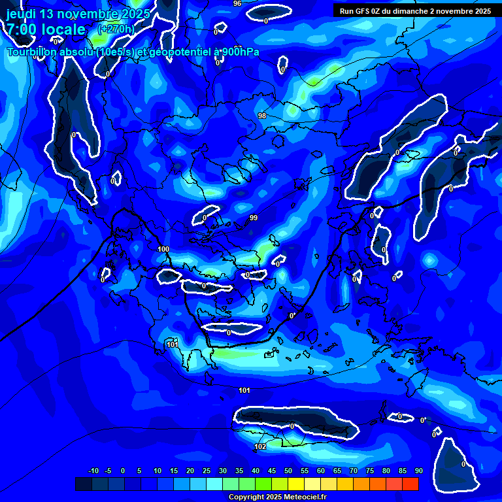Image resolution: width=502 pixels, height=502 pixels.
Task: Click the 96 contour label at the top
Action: pos(237,3)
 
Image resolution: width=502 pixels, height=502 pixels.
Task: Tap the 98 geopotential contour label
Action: pos(262,116)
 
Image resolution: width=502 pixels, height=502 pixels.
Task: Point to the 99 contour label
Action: pos(254,218)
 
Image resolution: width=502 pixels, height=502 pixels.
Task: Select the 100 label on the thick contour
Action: pos(163,249)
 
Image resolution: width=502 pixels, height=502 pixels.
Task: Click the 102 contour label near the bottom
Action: pos(260,447)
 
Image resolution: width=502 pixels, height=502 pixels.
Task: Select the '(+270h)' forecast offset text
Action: pos(116,29)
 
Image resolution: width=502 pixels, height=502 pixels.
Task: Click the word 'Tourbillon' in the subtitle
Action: pos(33,52)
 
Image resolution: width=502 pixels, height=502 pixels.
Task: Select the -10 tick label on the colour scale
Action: pos(93,471)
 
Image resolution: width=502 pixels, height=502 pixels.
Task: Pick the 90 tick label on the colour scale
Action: pos(418,471)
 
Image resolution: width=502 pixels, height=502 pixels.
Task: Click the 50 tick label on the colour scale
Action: pos(288,471)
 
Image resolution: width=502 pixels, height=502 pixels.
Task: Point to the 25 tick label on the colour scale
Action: pos(207,471)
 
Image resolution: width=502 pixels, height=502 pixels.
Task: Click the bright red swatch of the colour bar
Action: pos(410,484)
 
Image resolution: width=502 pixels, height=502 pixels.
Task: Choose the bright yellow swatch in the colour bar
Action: pos(295,484)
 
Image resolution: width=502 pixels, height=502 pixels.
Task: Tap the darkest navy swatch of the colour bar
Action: pos(83,484)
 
